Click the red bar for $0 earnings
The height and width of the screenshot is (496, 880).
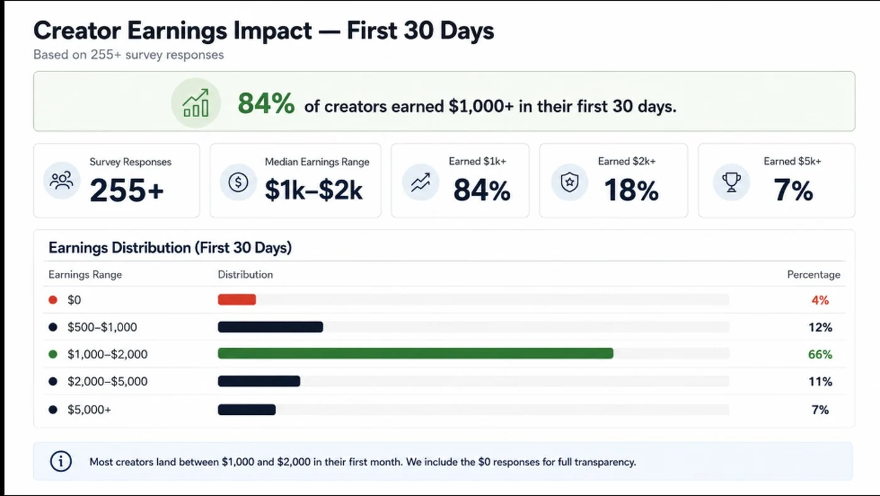pyautogui.click(x=237, y=299)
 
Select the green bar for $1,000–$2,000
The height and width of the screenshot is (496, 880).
pyautogui.click(x=415, y=353)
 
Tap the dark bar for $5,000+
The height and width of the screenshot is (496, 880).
pyautogui.click(x=246, y=409)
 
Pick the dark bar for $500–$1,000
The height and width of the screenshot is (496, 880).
pyautogui.click(x=271, y=327)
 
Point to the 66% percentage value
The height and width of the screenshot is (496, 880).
pyautogui.click(x=820, y=355)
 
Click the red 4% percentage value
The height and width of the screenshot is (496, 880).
pyautogui.click(x=820, y=300)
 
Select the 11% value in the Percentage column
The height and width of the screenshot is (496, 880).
pyautogui.click(x=820, y=382)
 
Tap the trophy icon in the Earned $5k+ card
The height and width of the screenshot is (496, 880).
pyautogui.click(x=731, y=182)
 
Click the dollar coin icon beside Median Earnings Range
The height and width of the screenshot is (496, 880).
pyautogui.click(x=238, y=182)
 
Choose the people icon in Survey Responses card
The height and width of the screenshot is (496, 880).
pyautogui.click(x=62, y=181)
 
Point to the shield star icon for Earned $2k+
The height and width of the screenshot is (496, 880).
pyautogui.click(x=569, y=182)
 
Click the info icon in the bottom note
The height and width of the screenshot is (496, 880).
pyautogui.click(x=61, y=461)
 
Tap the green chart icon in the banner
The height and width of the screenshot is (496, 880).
pyautogui.click(x=195, y=103)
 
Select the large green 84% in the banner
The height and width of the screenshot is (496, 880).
pyautogui.click(x=266, y=103)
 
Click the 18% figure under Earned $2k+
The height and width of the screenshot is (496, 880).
pyautogui.click(x=631, y=190)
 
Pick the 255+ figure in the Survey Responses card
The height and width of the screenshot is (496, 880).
pyautogui.click(x=126, y=190)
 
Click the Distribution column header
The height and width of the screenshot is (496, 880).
pyautogui.click(x=246, y=274)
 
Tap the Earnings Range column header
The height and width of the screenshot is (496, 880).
pyautogui.click(x=85, y=275)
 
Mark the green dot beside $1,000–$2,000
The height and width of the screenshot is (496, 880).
pyautogui.click(x=53, y=354)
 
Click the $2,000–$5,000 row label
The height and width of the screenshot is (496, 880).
pyautogui.click(x=107, y=382)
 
